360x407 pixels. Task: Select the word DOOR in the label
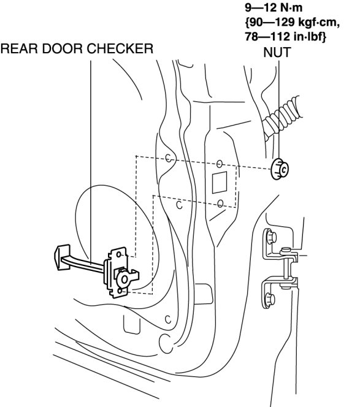[63, 48]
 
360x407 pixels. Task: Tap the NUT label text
[277, 53]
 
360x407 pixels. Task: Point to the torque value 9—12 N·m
[274, 7]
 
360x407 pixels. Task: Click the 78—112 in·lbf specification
[285, 36]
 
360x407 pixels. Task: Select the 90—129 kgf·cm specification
[292, 22]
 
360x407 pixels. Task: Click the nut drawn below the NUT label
[279, 169]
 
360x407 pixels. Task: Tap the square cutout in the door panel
[219, 182]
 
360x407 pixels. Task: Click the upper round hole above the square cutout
[220, 164]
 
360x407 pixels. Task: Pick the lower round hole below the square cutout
[220, 203]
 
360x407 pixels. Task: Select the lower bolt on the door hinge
[270, 300]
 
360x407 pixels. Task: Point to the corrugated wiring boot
[282, 115]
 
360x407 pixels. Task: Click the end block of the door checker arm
[62, 257]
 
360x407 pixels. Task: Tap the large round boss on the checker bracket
[124, 279]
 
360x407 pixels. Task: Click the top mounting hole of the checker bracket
[119, 254]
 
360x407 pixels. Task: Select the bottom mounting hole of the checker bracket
[120, 291]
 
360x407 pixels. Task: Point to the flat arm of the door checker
[83, 264]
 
